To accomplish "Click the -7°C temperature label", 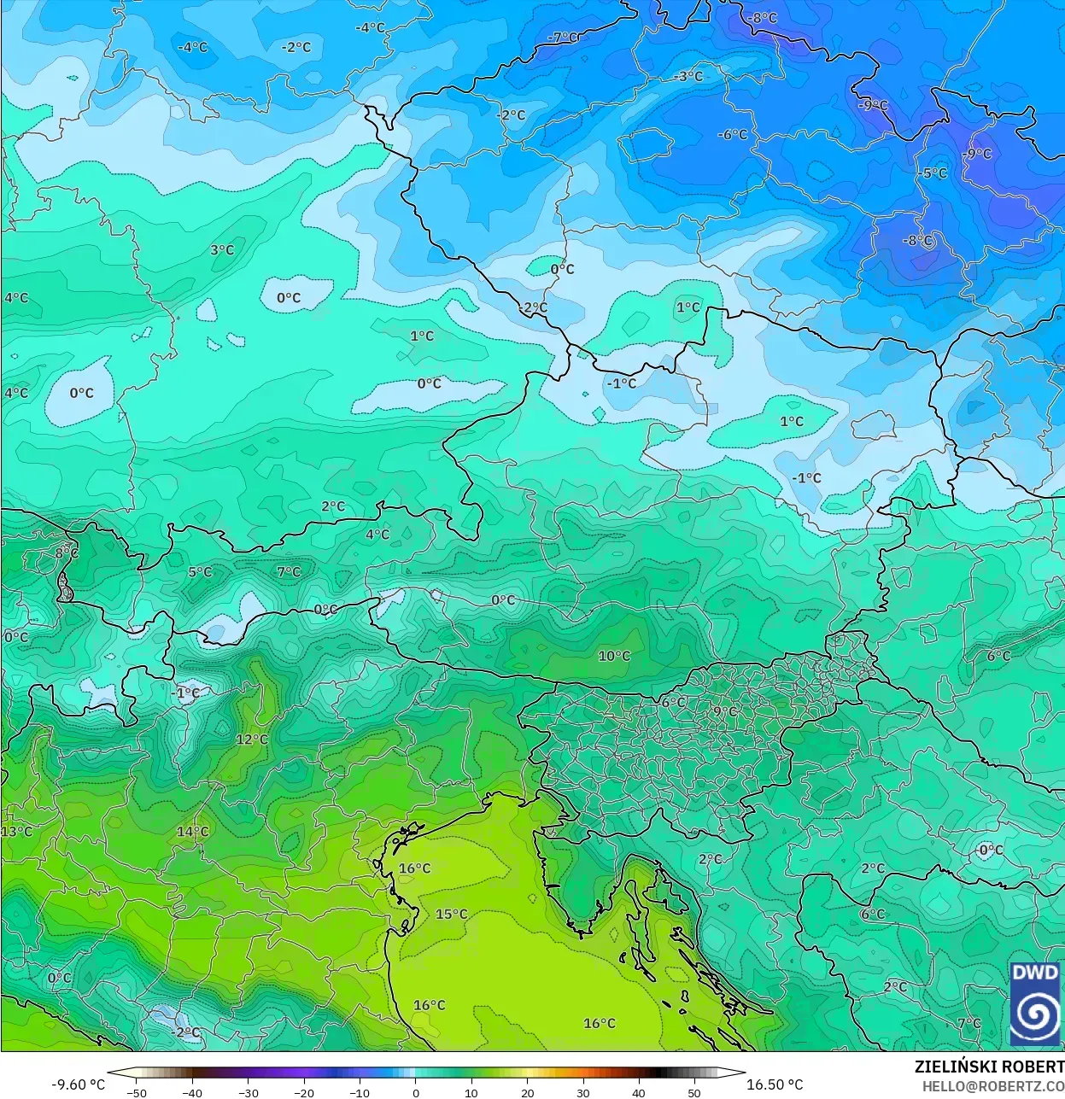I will [564, 38].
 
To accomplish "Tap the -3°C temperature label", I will [688, 77].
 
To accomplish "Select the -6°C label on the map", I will [732, 135].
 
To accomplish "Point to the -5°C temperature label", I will [933, 173].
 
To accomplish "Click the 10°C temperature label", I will [614, 656].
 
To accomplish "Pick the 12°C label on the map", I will [252, 739].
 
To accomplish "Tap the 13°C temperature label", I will [16, 832].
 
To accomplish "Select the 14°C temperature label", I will [193, 832].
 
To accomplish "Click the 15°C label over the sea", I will [452, 914].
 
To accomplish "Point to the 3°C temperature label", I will [222, 250].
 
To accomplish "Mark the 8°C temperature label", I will [67, 552].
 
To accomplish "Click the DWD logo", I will [1035, 1003].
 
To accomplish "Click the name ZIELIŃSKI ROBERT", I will [989, 1067].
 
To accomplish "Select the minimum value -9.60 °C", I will [79, 1084].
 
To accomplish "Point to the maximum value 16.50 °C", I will [775, 1084].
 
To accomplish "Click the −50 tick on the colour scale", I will [137, 1093].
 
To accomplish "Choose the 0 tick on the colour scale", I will [416, 1093].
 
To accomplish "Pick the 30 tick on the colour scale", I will [583, 1093].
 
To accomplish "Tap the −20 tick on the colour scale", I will [304, 1093].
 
